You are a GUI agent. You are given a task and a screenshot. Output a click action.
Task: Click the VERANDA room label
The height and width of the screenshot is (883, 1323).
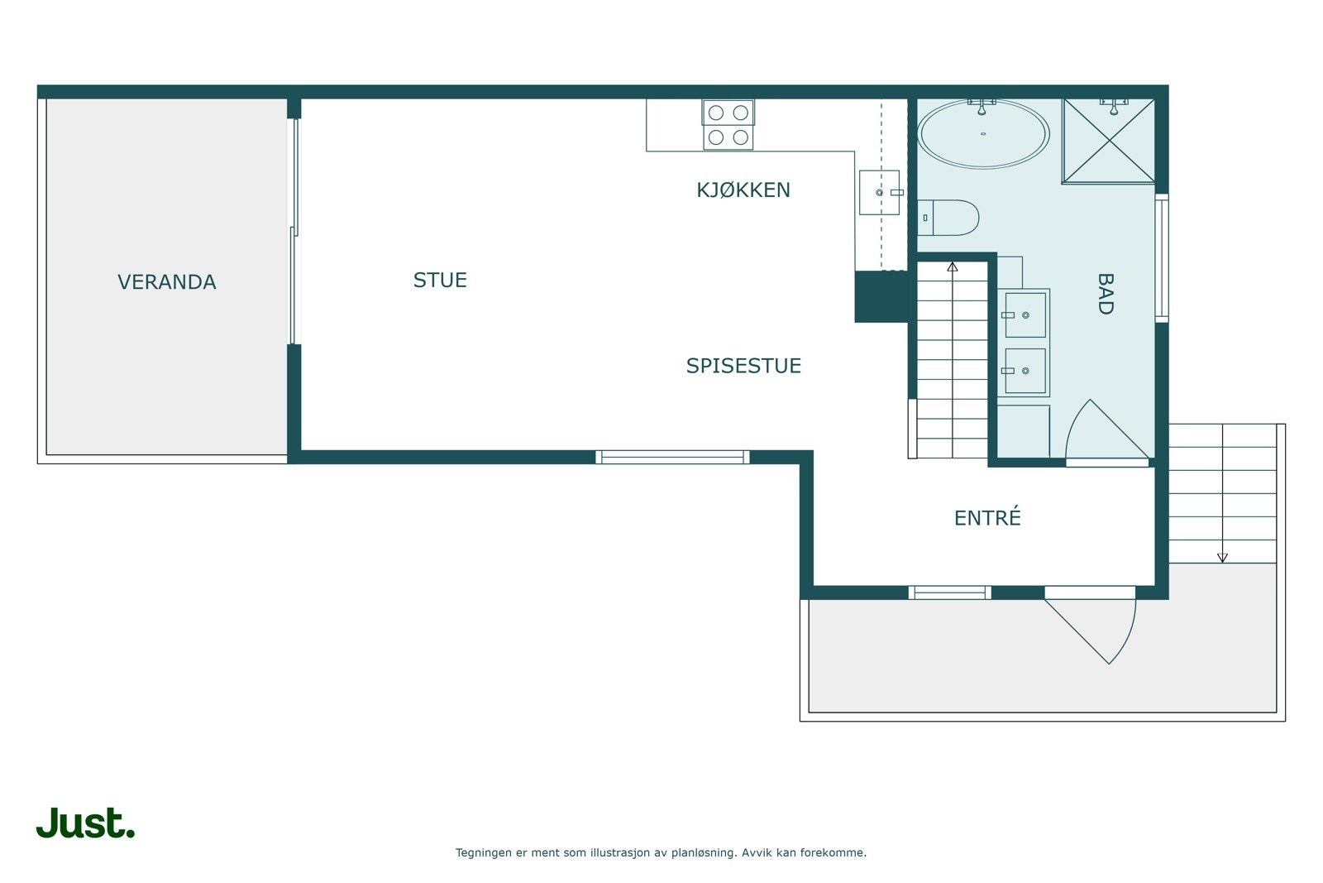166,282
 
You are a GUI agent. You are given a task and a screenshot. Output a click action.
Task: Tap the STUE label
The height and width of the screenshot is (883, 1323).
440,281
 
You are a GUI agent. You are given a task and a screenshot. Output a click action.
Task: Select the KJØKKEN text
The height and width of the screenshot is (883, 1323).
743,190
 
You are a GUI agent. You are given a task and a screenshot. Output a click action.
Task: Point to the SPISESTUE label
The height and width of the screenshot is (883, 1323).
743,366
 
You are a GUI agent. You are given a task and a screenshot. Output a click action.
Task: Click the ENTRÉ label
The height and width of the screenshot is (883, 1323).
987,518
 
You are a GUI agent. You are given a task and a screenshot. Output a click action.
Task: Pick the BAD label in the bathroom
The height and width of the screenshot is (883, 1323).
1105,294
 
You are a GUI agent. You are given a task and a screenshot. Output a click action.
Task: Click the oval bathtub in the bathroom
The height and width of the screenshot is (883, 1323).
983,135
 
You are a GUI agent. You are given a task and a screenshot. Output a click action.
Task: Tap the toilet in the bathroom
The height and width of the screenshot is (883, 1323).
951,218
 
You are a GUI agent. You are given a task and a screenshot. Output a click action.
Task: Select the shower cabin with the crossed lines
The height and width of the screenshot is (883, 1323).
1108,141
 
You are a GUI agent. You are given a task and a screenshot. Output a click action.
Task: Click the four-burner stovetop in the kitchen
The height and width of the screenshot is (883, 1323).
728,124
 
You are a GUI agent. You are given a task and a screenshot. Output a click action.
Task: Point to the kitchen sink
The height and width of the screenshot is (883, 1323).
879,193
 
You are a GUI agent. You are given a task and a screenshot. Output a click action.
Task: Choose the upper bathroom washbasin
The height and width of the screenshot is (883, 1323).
1024,314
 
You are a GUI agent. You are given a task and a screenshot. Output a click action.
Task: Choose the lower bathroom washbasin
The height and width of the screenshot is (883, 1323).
1024,371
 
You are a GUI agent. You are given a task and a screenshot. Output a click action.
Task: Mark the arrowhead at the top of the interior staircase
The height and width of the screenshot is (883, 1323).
953,266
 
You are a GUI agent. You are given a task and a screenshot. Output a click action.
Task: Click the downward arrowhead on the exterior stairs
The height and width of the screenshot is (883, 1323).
1222,558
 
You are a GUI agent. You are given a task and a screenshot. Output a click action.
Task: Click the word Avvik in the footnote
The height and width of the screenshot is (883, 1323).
756,852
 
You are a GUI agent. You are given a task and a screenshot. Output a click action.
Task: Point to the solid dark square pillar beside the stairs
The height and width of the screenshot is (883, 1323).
881,296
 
